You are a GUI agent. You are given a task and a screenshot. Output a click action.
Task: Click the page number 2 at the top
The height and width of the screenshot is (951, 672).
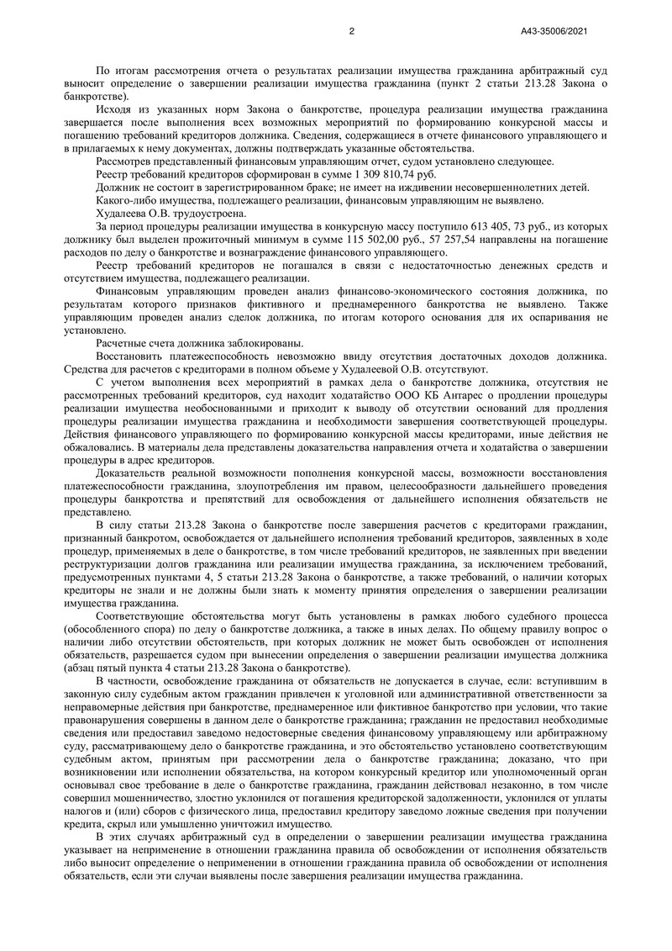[351, 31]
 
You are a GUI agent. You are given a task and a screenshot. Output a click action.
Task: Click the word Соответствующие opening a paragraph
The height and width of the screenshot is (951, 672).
[145, 615]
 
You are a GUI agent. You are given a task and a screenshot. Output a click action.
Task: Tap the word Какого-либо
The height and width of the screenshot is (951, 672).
[126, 201]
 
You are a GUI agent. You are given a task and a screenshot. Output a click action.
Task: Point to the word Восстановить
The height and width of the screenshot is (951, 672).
[129, 356]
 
